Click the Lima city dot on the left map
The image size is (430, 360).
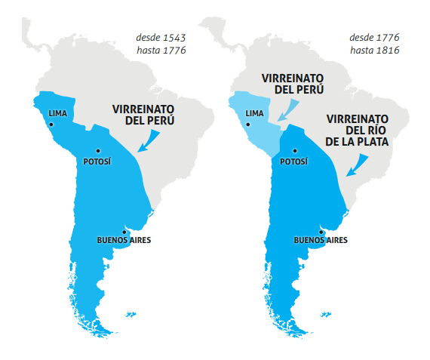pos(51,123)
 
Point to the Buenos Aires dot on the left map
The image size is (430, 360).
pos(123,231)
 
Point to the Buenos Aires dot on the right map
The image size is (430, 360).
pos(321,231)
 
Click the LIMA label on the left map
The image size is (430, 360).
pos(59,113)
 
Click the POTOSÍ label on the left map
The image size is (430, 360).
pos(97,161)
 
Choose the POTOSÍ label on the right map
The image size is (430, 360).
pos(294,161)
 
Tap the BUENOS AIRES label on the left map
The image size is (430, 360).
pos(124,241)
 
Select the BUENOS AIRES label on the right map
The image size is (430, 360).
pos(321,241)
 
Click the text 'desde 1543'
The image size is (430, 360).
pos(161,36)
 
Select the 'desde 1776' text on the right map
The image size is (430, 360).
pos(373,36)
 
